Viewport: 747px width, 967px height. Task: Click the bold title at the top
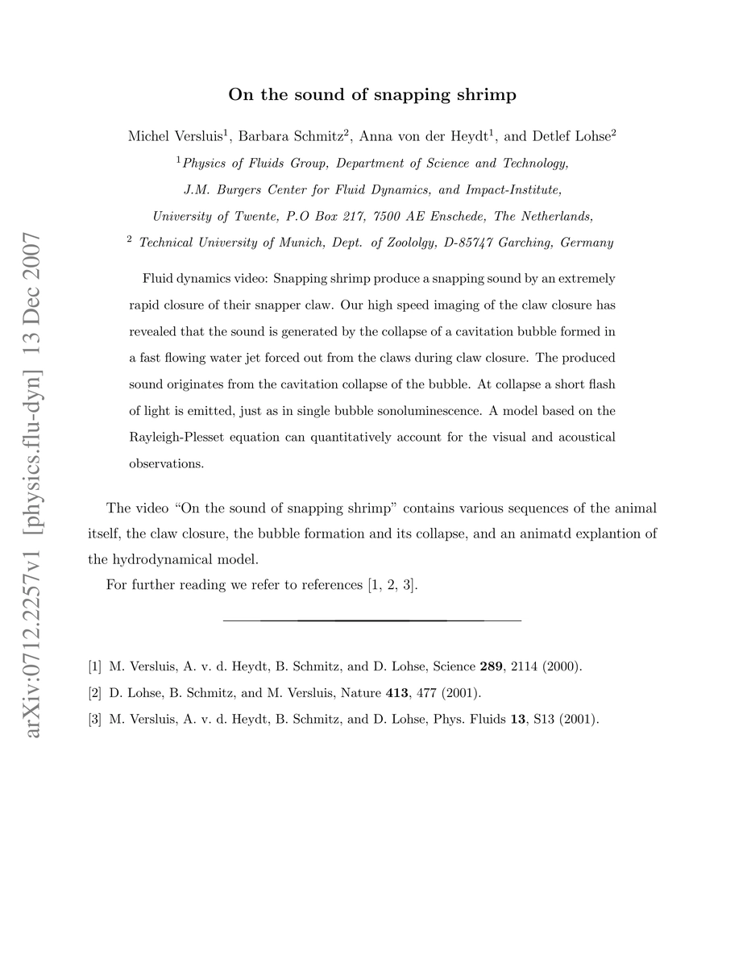point(372,95)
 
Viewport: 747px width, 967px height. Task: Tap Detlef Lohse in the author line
point(569,137)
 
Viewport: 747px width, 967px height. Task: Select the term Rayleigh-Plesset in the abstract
point(179,438)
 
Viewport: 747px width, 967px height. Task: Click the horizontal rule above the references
point(372,620)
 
